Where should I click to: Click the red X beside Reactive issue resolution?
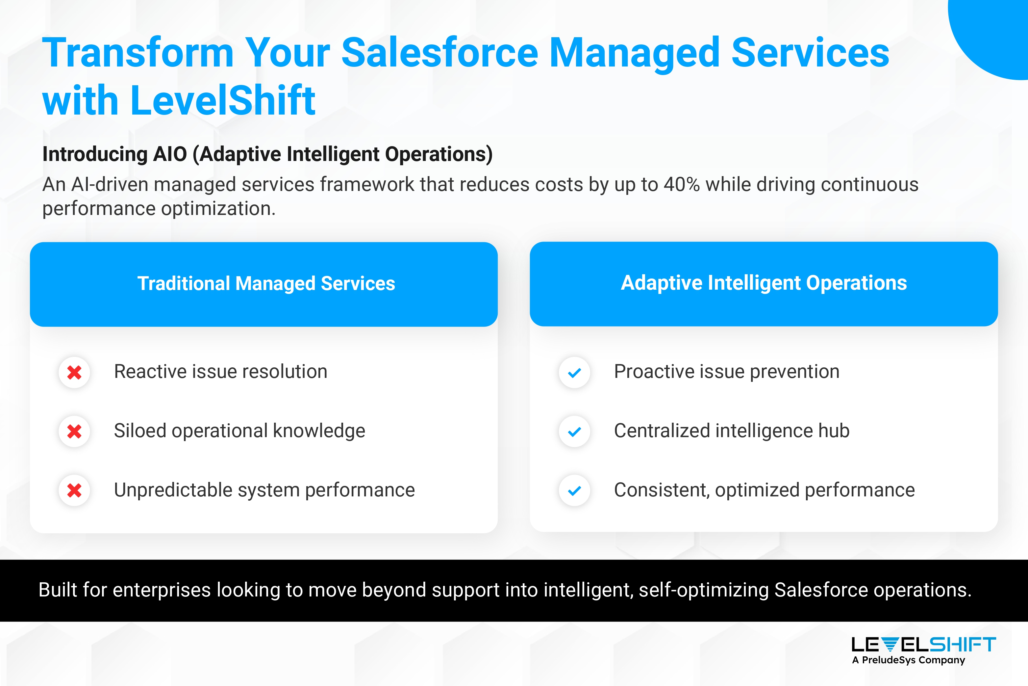tap(74, 372)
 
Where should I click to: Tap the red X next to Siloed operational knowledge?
tap(74, 431)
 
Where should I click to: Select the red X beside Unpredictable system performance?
tap(74, 490)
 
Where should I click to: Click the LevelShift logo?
tap(923, 645)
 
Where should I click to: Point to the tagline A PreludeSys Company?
tap(908, 660)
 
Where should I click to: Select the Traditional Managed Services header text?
tap(266, 283)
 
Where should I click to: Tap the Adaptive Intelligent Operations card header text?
tap(764, 283)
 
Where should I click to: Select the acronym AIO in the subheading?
tap(170, 154)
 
